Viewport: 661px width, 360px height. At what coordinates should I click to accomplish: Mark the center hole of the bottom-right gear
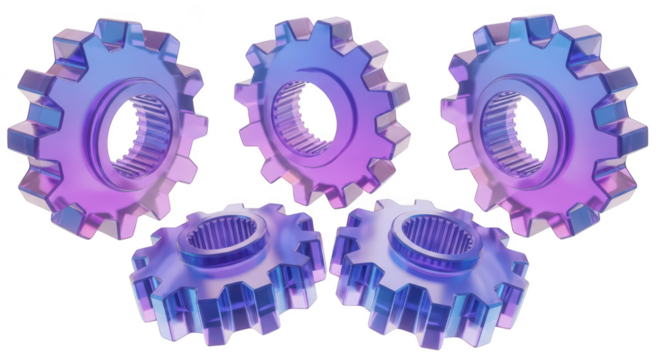click(x=425, y=235)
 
